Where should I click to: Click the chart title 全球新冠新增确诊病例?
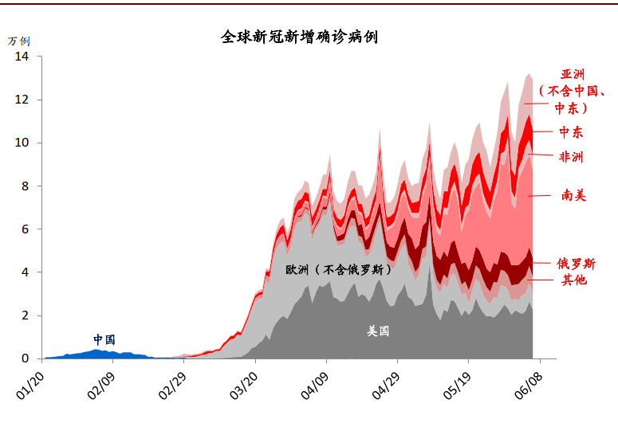point(299,37)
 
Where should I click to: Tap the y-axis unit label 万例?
point(18,41)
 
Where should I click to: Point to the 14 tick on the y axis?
point(22,57)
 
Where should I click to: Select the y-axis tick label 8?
point(26,186)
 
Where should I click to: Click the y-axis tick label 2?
point(26,315)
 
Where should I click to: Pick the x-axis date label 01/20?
point(30,386)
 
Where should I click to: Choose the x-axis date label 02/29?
point(172,386)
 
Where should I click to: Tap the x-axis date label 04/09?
point(314,386)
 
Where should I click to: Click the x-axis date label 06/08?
point(529,386)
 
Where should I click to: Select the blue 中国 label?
point(104,339)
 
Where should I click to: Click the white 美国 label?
point(378,331)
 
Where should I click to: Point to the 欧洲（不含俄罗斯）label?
point(338,270)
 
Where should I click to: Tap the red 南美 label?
point(574,195)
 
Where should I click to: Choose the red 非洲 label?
point(571,157)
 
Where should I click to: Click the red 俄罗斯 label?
point(576,264)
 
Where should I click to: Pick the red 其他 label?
point(574,280)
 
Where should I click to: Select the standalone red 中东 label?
point(571,132)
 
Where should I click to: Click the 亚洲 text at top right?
point(573,74)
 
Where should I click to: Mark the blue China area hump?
point(96,355)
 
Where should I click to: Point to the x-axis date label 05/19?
point(457,386)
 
